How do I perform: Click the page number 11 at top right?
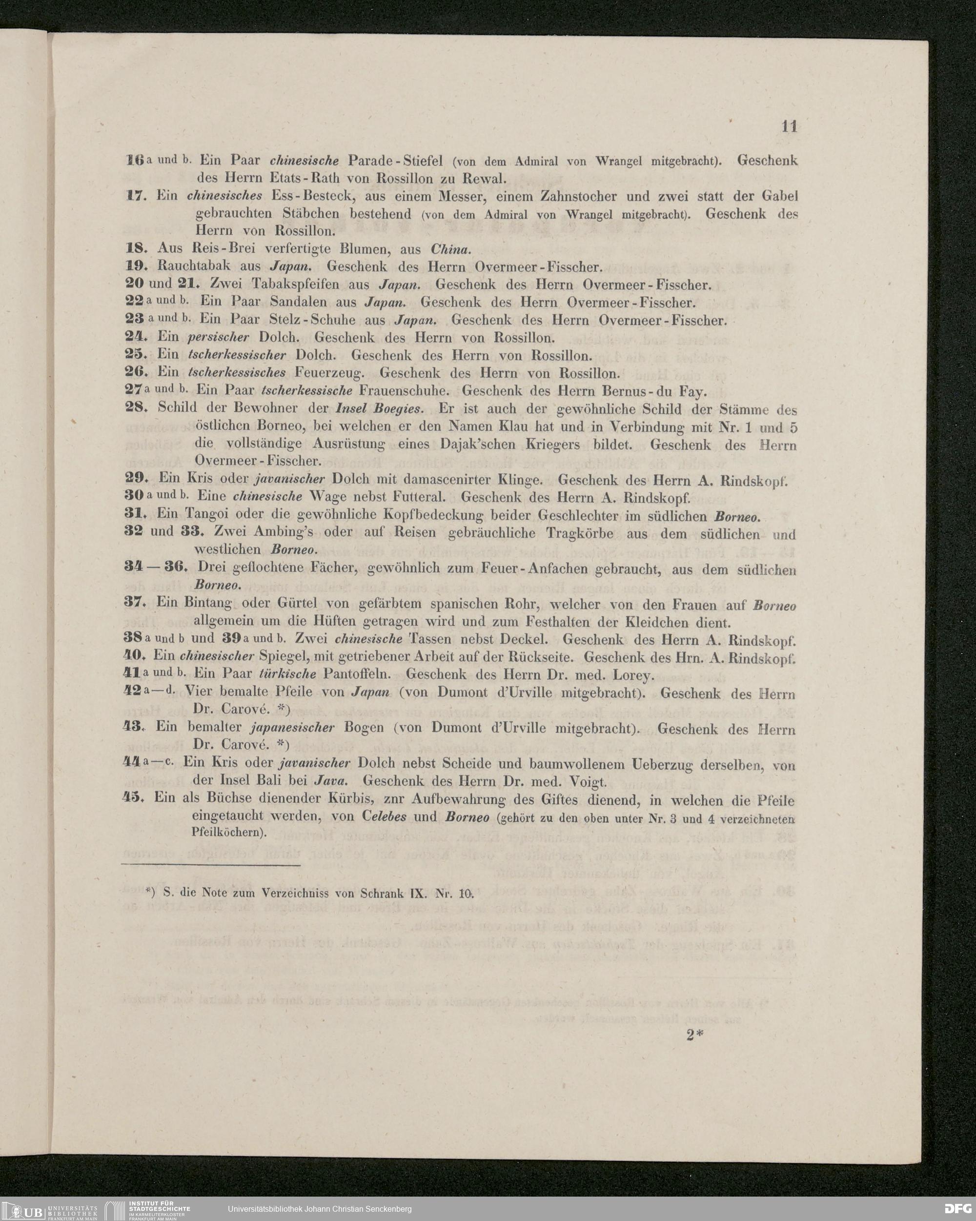click(789, 127)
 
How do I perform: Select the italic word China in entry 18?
click(450, 249)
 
